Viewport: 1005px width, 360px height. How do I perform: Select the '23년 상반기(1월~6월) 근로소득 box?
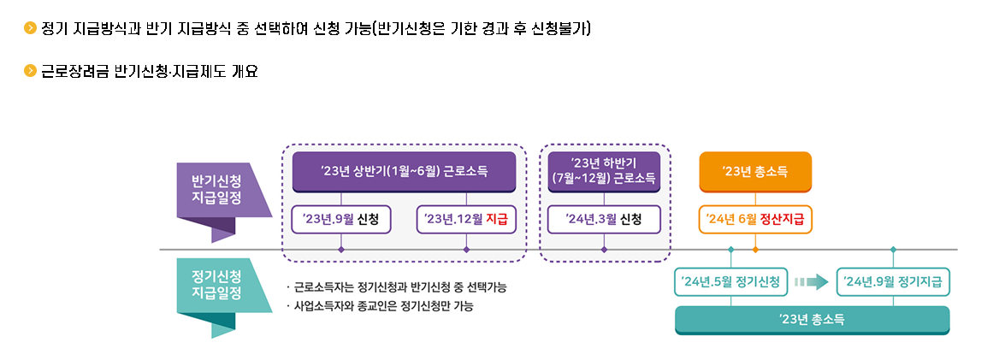tap(404, 171)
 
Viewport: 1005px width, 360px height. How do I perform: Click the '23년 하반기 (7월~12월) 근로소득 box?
tap(604, 171)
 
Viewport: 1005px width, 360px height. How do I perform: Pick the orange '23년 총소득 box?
tap(755, 171)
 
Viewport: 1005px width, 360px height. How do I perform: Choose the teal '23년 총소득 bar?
tap(812, 319)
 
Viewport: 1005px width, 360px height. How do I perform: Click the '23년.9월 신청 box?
tap(341, 220)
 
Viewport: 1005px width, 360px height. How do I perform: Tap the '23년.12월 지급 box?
tap(466, 220)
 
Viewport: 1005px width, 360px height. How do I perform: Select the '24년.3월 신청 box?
tap(604, 220)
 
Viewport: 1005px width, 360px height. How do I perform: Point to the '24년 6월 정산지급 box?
tap(755, 220)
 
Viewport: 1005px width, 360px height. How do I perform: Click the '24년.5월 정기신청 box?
tap(730, 281)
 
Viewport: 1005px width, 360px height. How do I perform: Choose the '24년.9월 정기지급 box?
tap(894, 281)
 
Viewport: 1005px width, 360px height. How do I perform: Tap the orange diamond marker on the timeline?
tap(755, 250)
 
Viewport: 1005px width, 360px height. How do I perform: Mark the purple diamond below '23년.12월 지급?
tap(466, 250)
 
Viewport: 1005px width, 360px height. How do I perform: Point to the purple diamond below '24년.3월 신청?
tap(604, 250)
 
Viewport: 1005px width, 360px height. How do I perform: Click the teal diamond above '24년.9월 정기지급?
tap(894, 250)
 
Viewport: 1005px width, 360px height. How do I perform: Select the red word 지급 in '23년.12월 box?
tap(497, 220)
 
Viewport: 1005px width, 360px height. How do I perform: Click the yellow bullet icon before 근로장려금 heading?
tap(31, 71)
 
